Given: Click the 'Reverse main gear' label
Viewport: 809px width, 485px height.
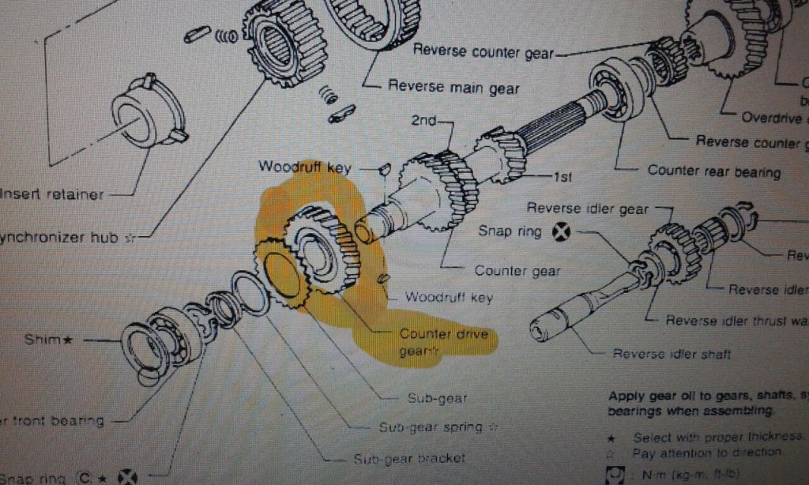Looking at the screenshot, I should coord(453,87).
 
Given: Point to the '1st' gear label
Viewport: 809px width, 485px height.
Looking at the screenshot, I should coord(563,177).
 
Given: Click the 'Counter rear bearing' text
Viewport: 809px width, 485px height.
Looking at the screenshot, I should coord(713,171).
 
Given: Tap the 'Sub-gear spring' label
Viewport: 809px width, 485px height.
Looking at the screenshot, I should coord(431,427).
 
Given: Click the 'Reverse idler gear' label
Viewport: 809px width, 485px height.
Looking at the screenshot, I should coord(587,209).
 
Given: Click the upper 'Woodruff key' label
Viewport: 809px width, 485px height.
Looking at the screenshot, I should coord(304,167).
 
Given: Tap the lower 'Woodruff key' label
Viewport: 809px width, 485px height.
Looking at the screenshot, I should coord(449,297).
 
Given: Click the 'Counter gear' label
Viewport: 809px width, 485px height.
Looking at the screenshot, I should coord(517,270).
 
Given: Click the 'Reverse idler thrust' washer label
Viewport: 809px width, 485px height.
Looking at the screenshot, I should coord(735,320).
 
